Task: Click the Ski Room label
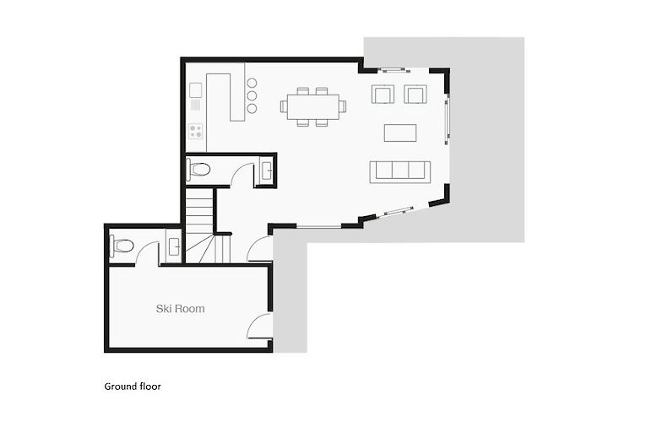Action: pos(180,309)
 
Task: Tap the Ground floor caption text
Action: pos(133,387)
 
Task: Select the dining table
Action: pos(313,107)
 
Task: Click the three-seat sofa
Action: pos(400,171)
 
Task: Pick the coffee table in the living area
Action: pos(400,132)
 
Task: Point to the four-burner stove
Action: pos(196,131)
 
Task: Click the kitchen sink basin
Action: pos(196,90)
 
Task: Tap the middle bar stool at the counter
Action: pos(252,96)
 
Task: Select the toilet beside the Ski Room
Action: pos(122,246)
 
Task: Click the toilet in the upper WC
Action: pos(198,170)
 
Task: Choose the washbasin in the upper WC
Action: pos(267,170)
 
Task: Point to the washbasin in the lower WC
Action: pos(173,246)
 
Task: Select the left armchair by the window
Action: pos(383,94)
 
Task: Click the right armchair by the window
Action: pos(415,94)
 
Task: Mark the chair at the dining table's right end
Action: pos(342,106)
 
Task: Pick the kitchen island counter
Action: pos(230,97)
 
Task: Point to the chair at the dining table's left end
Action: pos(284,106)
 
